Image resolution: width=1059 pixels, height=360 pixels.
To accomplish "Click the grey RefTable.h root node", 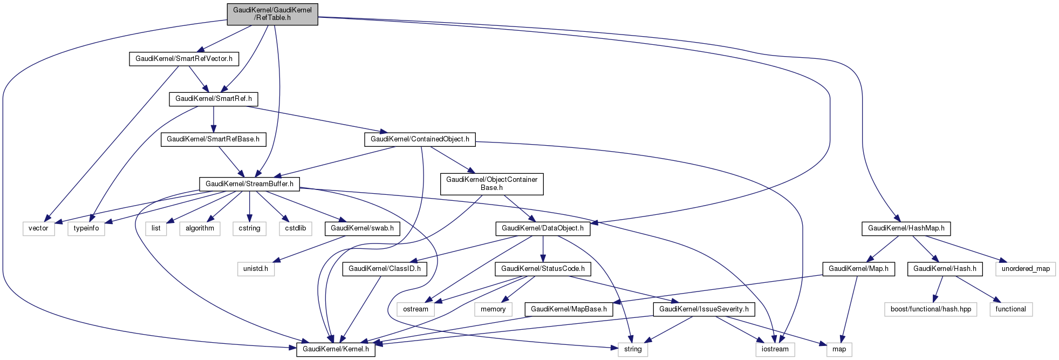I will tap(272, 14).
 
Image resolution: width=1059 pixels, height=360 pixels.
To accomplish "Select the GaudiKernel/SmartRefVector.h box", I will tap(183, 59).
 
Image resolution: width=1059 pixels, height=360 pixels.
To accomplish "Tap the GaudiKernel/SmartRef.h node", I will tap(214, 99).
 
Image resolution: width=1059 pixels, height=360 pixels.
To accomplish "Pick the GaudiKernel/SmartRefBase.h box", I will tap(213, 139).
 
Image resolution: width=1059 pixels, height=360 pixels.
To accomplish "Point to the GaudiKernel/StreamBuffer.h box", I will tap(249, 184).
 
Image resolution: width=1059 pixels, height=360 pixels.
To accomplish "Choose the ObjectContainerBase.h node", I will tap(491, 184).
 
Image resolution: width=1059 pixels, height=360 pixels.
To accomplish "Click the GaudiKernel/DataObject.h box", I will tap(542, 228).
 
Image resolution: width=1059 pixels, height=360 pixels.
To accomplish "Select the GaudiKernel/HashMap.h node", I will tap(906, 228).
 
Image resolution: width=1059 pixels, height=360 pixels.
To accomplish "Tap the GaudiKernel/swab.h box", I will tap(362, 228).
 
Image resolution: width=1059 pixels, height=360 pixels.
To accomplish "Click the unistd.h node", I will tap(256, 269).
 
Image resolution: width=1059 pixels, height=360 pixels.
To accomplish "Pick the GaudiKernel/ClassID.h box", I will tap(384, 269).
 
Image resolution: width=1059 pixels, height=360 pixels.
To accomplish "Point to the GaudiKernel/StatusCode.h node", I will tap(543, 269).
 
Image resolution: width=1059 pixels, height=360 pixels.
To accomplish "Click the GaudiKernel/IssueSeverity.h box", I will tap(703, 309).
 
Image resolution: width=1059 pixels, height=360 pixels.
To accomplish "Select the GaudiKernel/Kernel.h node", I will tap(336, 349).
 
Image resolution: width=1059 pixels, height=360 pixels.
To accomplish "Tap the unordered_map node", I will tap(1026, 269).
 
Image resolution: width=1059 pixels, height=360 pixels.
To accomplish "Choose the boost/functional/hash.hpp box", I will tap(931, 309).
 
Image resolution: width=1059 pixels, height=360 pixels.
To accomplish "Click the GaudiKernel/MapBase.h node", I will tap(569, 309).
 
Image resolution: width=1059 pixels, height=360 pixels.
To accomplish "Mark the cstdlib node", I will tap(296, 228).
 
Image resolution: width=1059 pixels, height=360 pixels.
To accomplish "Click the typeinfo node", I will tap(86, 228).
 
